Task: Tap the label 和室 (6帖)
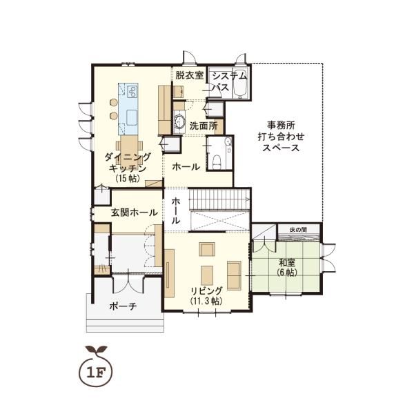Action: [x=287, y=267]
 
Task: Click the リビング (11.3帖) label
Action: [x=206, y=295]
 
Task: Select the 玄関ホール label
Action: [x=134, y=213]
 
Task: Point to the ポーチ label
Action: [x=124, y=306]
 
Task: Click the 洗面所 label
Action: [x=204, y=126]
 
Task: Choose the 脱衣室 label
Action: [x=190, y=75]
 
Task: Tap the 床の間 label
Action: [x=298, y=230]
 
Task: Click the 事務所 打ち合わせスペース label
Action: [x=281, y=136]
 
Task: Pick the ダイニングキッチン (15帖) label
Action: [x=128, y=168]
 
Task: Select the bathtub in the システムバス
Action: [x=239, y=83]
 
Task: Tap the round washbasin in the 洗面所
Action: [x=180, y=121]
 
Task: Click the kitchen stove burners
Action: [x=132, y=92]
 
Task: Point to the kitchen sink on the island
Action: [x=132, y=118]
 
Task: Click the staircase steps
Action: [x=219, y=199]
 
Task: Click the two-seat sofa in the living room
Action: [x=234, y=275]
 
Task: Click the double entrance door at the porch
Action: [x=128, y=284]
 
